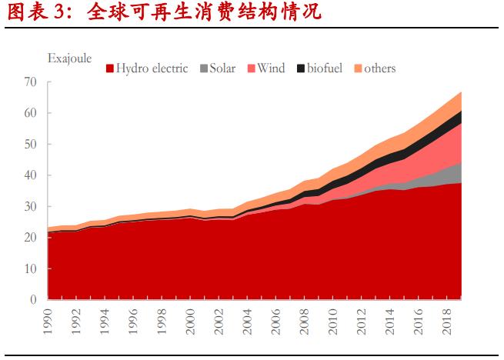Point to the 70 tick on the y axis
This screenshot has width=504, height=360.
click(x=31, y=82)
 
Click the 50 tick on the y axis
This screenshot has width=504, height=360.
click(x=31, y=144)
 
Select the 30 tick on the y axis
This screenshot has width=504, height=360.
click(x=31, y=206)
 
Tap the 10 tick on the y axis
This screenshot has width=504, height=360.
click(x=31, y=268)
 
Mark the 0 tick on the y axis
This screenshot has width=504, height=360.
click(x=34, y=299)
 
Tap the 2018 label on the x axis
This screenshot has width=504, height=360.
click(x=446, y=319)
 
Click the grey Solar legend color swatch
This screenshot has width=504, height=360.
click(x=204, y=68)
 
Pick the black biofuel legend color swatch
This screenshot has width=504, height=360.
click(x=301, y=68)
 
